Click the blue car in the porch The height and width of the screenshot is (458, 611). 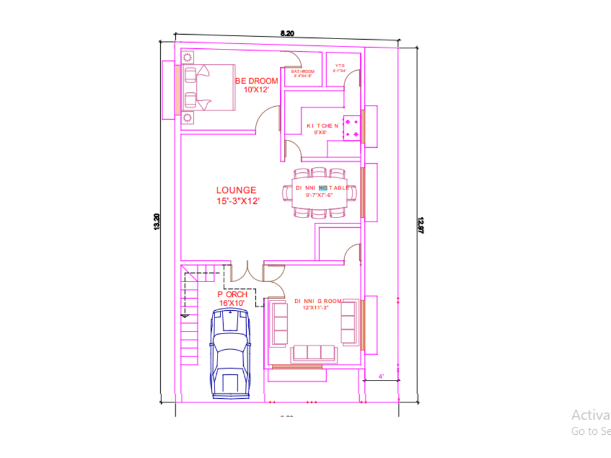coord(230,354)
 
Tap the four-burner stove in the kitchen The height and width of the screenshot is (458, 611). coord(352,128)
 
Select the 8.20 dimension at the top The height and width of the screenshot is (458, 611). coord(287,34)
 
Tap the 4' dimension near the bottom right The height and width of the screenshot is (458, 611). coord(381,377)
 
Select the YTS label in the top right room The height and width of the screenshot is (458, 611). coord(340,68)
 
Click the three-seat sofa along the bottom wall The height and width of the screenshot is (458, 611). coord(314,353)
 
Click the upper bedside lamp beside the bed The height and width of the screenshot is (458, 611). coord(188,57)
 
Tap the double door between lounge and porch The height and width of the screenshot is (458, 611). coord(246,269)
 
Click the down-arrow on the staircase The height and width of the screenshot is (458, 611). coord(184,315)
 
